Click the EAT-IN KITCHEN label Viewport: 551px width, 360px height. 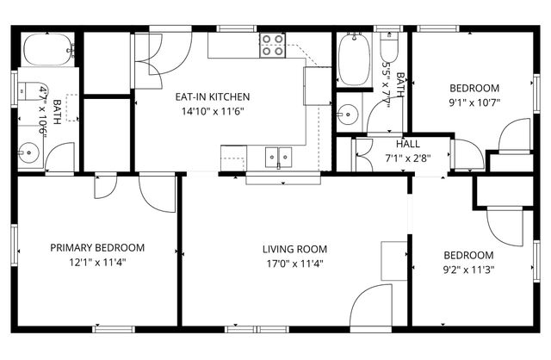(212, 96)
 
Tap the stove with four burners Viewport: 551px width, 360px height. (273, 45)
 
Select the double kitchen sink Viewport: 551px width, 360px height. (277, 157)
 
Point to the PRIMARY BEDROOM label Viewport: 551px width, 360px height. (97, 248)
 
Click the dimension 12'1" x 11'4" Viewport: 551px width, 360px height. (97, 263)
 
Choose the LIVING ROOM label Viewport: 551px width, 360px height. (294, 250)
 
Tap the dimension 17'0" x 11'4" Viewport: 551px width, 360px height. (294, 264)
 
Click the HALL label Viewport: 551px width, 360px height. (408, 144)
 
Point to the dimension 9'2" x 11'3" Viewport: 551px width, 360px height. (468, 270)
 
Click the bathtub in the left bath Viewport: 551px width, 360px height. (47, 49)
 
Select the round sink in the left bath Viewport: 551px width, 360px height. (30, 155)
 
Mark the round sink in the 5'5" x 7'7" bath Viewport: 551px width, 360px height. (349, 113)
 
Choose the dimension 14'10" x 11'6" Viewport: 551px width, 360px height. (212, 111)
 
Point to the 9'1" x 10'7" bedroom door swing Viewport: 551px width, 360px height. (514, 135)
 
